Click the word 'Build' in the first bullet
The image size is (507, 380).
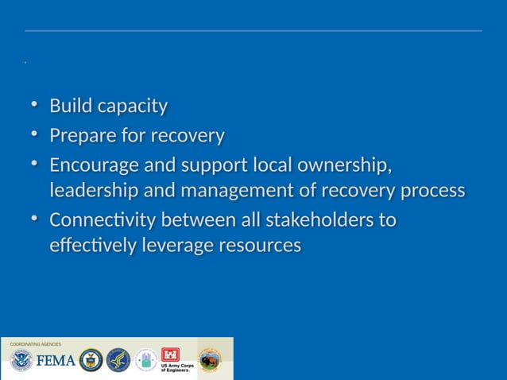(70, 106)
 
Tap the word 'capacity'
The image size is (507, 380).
(130, 107)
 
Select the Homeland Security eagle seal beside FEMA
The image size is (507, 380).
(20, 361)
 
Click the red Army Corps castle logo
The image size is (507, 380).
(170, 355)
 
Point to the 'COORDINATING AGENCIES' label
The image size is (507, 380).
(36, 344)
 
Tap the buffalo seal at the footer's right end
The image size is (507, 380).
(210, 360)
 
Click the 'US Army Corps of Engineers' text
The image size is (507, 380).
(176, 369)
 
